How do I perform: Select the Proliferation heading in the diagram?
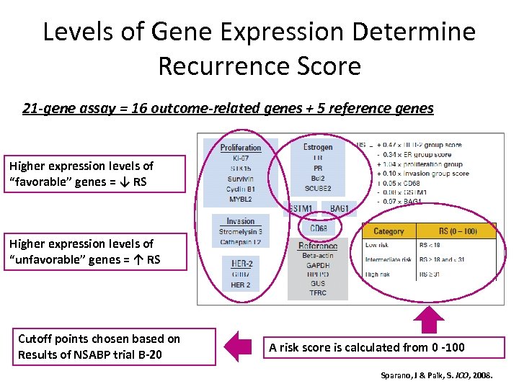click(x=241, y=148)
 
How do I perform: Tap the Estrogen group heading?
click(x=318, y=147)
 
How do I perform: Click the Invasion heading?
click(x=241, y=221)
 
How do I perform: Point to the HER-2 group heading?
click(x=241, y=264)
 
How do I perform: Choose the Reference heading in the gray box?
click(x=318, y=246)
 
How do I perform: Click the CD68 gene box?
click(x=318, y=228)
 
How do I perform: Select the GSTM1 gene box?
click(x=299, y=208)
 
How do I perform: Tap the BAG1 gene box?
click(x=339, y=208)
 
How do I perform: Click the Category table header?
click(x=389, y=231)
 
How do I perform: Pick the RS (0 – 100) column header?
click(x=458, y=231)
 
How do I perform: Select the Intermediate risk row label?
click(x=388, y=259)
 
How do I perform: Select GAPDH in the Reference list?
click(x=318, y=264)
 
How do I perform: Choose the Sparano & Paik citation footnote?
click(x=436, y=376)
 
